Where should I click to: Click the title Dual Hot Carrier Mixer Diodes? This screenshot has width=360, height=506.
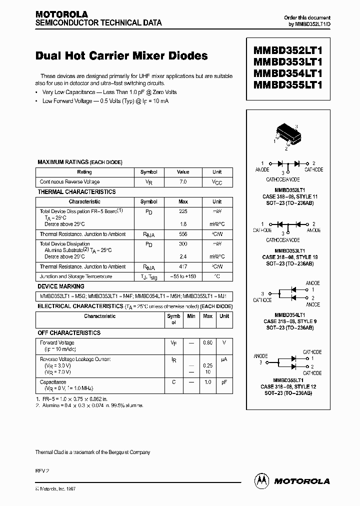point(121,56)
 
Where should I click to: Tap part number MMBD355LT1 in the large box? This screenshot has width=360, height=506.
point(288,84)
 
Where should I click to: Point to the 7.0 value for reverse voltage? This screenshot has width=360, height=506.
point(183,182)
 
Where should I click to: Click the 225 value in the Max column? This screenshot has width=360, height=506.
point(183,211)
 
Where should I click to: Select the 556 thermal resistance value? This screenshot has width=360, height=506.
point(183,234)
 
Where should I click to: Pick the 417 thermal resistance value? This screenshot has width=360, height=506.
point(183,266)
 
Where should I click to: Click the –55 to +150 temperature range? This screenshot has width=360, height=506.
point(183,276)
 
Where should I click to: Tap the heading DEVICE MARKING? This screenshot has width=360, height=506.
point(61,286)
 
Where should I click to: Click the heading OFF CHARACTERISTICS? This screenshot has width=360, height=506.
point(69,333)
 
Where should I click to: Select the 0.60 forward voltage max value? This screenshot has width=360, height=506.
point(207,342)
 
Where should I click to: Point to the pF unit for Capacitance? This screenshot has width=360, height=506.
point(224,382)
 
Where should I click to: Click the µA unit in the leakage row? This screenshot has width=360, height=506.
point(224,359)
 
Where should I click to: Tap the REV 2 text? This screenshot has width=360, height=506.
point(42,471)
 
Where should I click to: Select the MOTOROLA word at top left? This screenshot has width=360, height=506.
point(61,14)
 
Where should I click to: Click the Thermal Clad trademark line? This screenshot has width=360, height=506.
point(92,452)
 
